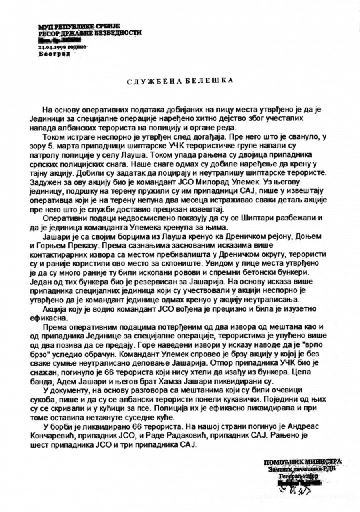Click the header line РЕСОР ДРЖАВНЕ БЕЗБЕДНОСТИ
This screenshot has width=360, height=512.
coord(90,33)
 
